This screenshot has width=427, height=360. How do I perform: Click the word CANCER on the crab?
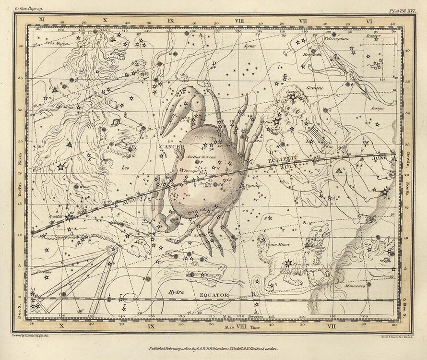(172, 146)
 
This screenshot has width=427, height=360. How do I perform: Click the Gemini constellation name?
(315, 88)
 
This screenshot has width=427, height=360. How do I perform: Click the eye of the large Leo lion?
(115, 122)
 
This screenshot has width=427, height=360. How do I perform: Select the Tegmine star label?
(253, 186)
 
